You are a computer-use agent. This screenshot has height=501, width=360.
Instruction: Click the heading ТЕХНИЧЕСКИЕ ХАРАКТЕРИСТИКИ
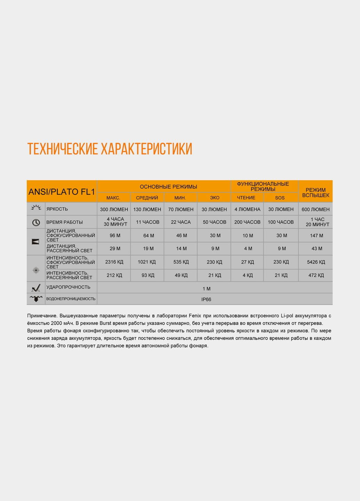[110, 149]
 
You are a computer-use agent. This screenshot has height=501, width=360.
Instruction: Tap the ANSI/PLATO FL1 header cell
[62, 192]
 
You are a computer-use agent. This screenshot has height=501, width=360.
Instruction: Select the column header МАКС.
[113, 198]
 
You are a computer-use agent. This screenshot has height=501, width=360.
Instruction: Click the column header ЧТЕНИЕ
[246, 198]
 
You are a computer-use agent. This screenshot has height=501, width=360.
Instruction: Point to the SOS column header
[280, 198]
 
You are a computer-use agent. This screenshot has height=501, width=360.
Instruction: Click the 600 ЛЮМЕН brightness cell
[315, 209]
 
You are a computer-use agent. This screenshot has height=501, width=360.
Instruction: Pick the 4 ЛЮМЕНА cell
[247, 209]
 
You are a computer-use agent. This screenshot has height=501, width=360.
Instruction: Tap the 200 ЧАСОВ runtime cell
[247, 222]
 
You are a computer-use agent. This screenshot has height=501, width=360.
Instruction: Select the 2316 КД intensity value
[115, 262]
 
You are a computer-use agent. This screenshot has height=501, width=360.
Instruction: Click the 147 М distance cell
[317, 236]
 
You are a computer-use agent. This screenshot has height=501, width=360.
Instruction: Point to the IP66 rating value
[206, 299]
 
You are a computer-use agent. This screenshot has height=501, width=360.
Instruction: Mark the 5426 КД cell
[316, 262]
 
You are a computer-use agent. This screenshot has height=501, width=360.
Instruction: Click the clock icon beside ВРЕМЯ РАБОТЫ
[36, 222]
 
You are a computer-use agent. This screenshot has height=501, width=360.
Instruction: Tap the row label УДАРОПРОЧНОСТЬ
[69, 287]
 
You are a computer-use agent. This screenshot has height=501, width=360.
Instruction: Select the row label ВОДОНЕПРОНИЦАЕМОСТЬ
[71, 299]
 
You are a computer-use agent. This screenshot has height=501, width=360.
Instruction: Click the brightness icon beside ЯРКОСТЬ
[36, 208]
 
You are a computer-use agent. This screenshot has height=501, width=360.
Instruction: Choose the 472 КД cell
[316, 275]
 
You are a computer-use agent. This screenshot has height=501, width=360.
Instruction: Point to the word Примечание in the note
[42, 316]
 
